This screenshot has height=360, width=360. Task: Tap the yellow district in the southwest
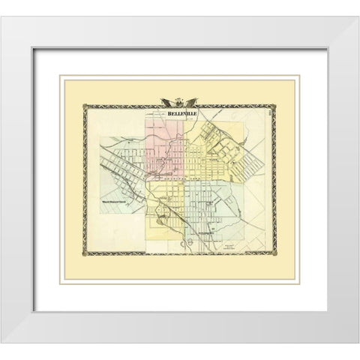[161, 214]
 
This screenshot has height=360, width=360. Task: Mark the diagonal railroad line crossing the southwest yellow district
[169, 210]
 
